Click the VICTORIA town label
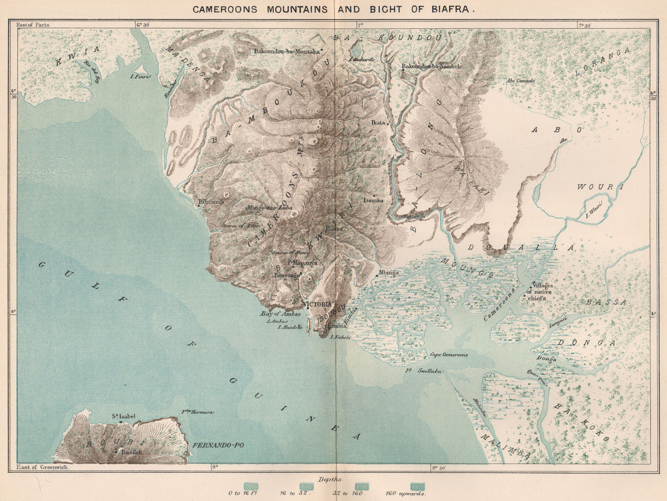coord(318,304)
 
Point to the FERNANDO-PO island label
coord(218,446)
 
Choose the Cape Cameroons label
coord(449,355)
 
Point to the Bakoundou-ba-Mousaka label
coord(286,51)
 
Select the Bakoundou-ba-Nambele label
coord(432,66)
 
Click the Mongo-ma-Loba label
coord(263,207)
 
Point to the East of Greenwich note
coord(43,468)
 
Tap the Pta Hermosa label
coord(198,412)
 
